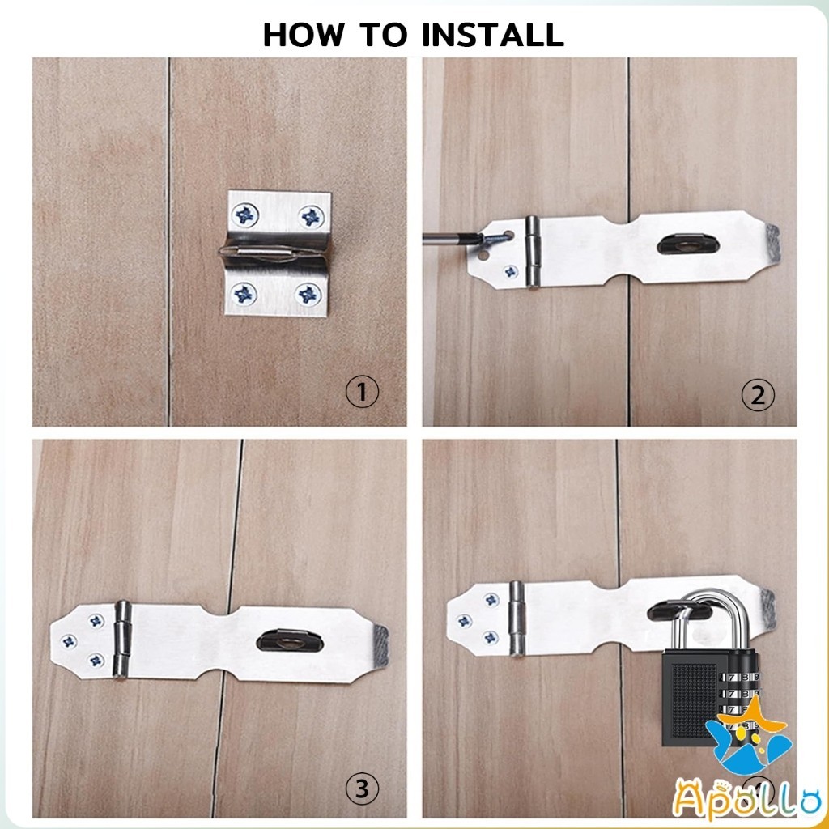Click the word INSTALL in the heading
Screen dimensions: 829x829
[x=493, y=35]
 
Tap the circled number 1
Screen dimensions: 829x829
[x=362, y=393]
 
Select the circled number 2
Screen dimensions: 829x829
[x=758, y=395]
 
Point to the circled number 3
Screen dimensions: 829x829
[x=362, y=789]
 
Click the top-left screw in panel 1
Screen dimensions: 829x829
[x=245, y=215]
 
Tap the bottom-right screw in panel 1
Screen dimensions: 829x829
[x=308, y=295]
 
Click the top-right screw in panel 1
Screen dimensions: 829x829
[x=311, y=216]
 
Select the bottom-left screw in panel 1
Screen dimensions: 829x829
[x=244, y=294]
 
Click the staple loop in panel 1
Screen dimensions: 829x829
[x=273, y=253]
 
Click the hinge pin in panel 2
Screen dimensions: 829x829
[x=533, y=253]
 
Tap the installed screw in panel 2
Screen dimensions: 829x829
[x=510, y=272]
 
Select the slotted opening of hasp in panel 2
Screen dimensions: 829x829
[x=684, y=244]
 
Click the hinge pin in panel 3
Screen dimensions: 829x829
[x=122, y=640]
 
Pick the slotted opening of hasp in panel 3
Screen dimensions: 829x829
[x=290, y=641]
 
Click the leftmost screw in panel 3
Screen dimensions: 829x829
[x=69, y=641]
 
